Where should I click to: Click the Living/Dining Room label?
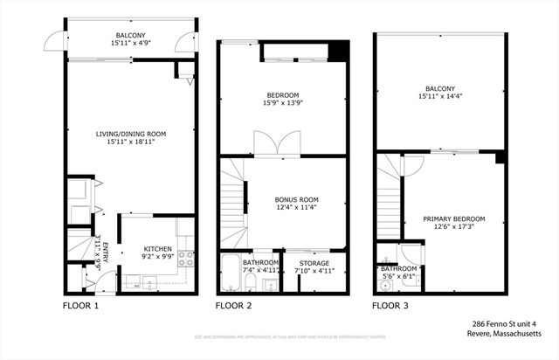pos(131,134)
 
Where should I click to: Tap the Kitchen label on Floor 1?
pos(157,249)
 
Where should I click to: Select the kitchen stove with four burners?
pos(185,259)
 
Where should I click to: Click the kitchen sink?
pos(147,282)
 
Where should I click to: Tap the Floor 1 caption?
pos(80,307)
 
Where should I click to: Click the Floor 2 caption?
pos(234,307)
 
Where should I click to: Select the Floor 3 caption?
pos(390,307)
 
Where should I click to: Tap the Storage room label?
pos(314,262)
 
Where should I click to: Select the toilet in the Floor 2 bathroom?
pos(253,285)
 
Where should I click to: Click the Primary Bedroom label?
pos(454,218)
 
